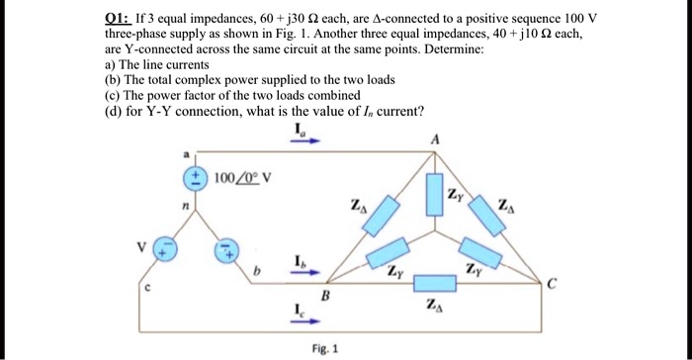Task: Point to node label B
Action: pyautogui.click(x=324, y=296)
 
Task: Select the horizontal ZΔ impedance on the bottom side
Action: pyautogui.click(x=433, y=284)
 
